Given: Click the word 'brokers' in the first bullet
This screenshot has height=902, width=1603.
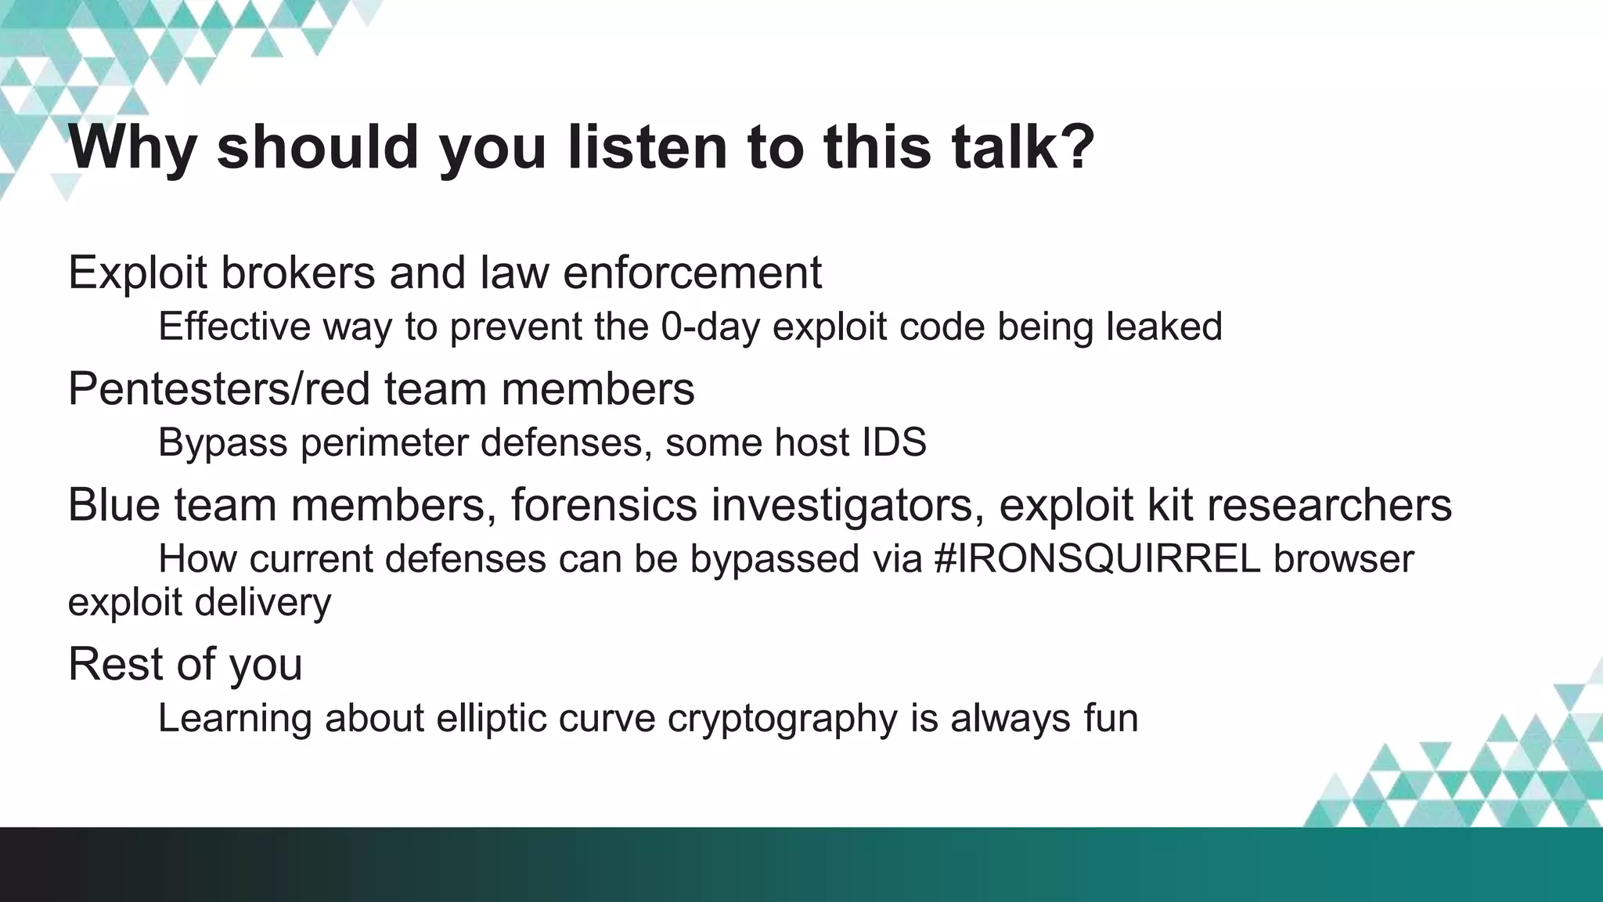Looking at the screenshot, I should (297, 272).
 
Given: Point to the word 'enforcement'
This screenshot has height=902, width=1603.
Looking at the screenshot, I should (692, 272).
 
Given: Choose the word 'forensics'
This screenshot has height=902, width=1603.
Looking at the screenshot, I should (603, 504).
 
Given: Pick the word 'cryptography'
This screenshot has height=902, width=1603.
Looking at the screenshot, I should (782, 718).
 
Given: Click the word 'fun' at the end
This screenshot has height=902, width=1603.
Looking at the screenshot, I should (1111, 718).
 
